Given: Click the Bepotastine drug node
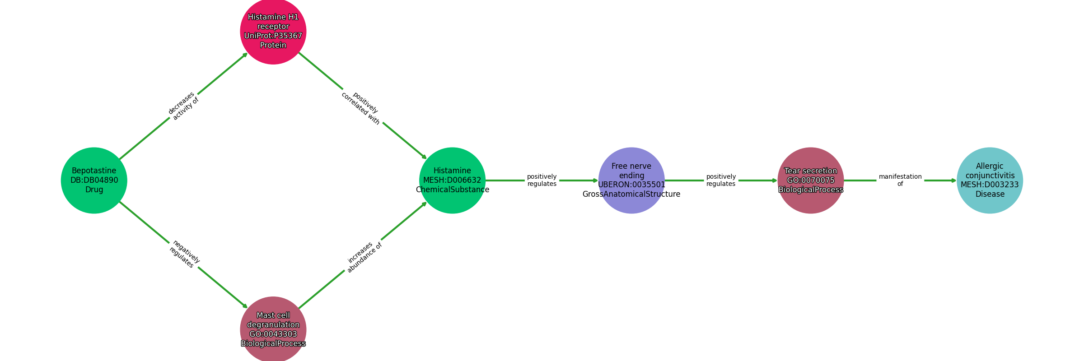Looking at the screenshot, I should (94, 180).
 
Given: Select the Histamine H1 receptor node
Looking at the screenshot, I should (273, 31).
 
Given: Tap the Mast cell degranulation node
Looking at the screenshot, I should (273, 329).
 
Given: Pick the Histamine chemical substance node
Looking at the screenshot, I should (452, 180).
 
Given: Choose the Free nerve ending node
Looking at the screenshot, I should (631, 180).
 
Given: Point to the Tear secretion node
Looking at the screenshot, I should (811, 180).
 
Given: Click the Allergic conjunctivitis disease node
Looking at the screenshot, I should (990, 180).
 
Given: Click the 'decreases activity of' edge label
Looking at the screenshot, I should (183, 106).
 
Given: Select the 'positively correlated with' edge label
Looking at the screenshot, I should (360, 109).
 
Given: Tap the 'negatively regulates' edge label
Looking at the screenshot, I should (184, 255).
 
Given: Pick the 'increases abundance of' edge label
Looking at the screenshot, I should (364, 256).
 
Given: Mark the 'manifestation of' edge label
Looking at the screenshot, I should (900, 180).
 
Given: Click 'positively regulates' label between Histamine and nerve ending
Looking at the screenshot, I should (542, 180).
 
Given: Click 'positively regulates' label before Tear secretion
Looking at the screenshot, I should (721, 180).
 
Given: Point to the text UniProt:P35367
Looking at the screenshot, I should (273, 36).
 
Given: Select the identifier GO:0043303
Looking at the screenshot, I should (273, 334).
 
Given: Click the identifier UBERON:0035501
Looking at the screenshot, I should (631, 185).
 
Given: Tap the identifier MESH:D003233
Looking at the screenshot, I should (990, 185).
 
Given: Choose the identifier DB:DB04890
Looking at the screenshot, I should (94, 180).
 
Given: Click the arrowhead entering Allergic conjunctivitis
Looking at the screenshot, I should (953, 180).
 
